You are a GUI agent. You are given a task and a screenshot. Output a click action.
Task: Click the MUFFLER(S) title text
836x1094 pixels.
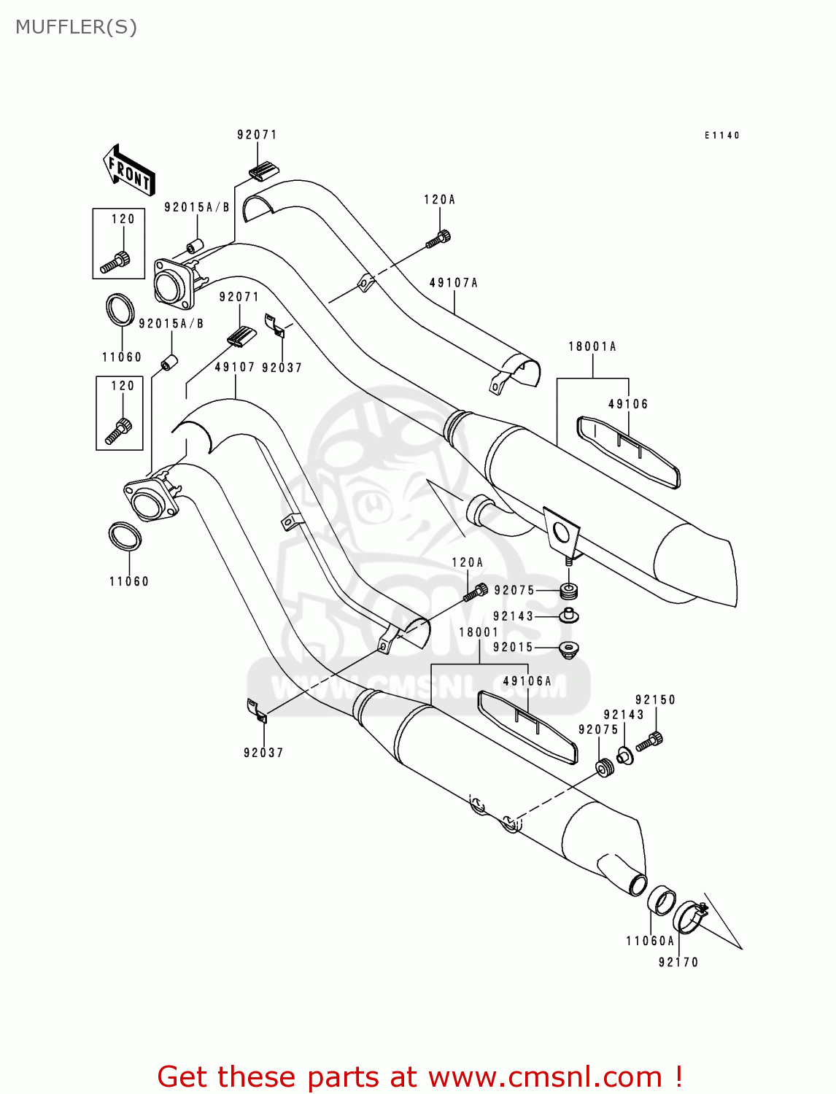(76, 27)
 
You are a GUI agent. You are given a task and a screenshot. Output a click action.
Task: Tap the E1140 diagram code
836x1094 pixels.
(721, 135)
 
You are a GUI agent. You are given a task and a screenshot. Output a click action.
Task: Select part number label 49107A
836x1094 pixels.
(453, 283)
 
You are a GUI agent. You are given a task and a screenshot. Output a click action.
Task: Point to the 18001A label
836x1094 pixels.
(592, 346)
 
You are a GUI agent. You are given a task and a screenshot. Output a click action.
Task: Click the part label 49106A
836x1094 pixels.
(527, 681)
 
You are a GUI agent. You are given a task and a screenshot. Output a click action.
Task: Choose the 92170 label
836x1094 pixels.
(678, 962)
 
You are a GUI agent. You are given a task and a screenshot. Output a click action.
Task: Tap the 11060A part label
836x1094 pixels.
(650, 941)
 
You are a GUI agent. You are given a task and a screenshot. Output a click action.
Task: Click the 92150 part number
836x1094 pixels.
(655, 699)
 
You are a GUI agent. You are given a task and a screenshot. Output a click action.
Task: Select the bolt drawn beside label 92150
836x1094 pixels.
(649, 742)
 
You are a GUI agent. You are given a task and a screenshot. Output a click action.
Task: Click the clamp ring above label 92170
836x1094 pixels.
(689, 917)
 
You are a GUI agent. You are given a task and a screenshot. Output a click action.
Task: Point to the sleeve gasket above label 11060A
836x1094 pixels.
(662, 901)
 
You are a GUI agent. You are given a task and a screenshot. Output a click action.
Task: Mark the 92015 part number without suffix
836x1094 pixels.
(513, 647)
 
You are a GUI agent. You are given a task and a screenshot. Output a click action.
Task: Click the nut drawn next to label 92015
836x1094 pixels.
(568, 648)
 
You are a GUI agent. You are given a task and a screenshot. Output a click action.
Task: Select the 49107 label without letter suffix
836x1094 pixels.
(234, 367)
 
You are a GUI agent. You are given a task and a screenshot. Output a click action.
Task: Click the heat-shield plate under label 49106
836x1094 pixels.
(627, 451)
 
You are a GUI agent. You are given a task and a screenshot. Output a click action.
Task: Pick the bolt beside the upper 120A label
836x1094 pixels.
(439, 237)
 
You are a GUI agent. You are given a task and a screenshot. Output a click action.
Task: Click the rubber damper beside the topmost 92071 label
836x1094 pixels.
(263, 172)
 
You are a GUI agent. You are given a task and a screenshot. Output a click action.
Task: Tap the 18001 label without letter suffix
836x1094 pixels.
(479, 632)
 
